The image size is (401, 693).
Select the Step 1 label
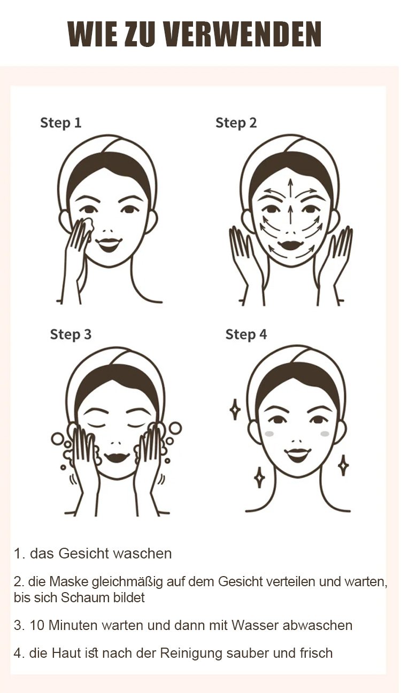(61, 123)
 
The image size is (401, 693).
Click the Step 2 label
(236, 123)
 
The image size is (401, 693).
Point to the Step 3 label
(71, 334)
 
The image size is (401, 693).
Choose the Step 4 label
(246, 334)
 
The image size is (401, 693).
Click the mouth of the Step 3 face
(117, 457)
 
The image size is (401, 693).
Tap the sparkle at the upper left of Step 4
(235, 409)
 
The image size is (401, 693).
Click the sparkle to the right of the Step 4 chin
(343, 465)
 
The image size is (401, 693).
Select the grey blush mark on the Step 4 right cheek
(325, 434)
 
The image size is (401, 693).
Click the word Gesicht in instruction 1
(83, 554)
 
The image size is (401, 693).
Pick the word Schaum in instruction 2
(85, 597)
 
